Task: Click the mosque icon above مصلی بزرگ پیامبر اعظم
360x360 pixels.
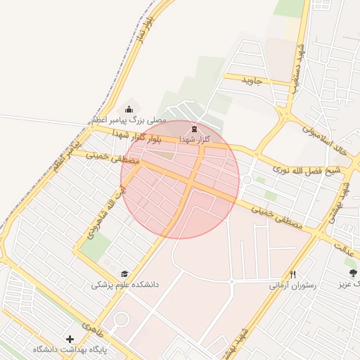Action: tap(129, 109)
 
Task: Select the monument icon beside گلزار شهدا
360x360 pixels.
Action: tap(193, 129)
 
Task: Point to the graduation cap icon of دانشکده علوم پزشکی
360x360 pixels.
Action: tap(124, 274)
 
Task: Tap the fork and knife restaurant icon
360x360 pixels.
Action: tap(292, 274)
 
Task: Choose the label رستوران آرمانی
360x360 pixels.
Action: tap(292, 286)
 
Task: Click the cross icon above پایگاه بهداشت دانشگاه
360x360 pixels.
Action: tap(70, 339)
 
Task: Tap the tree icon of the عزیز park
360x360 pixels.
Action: tap(350, 272)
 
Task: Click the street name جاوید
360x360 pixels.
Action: tap(252, 80)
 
